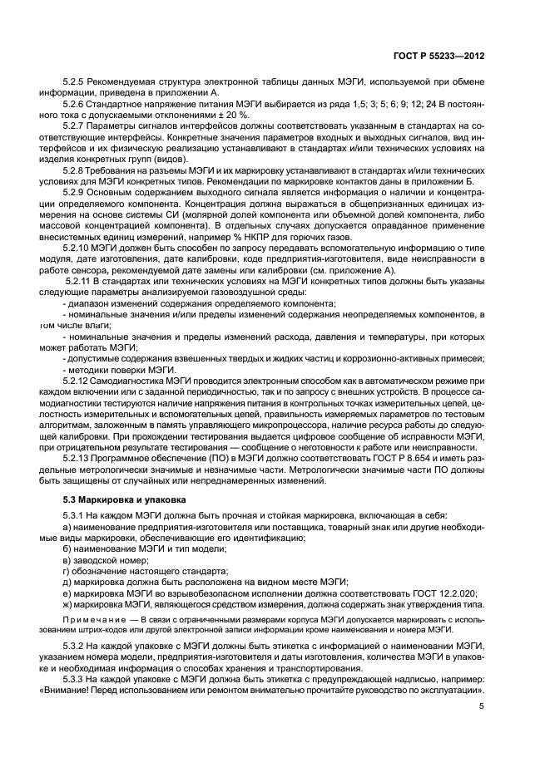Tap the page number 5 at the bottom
pos(481,706)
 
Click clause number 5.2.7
pos(75,125)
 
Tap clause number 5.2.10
pos(77,248)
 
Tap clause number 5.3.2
pos(75,647)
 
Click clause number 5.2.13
pos(77,460)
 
